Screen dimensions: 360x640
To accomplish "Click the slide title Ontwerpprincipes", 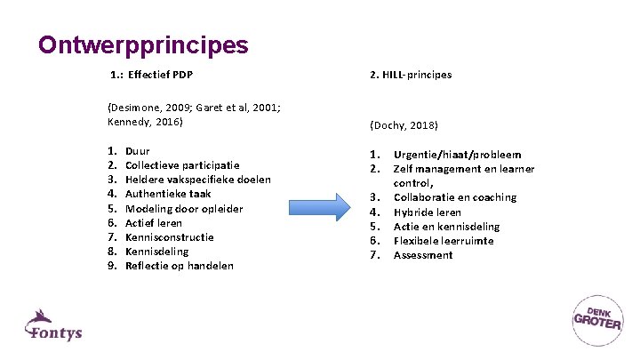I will [143, 44].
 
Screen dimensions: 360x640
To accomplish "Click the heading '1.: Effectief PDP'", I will [152, 75].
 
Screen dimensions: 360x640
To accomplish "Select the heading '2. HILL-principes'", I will [411, 75].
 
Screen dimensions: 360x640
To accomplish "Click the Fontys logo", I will [53, 326].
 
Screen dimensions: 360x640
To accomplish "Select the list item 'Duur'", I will [138, 152].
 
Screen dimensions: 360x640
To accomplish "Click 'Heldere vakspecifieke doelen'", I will [198, 180].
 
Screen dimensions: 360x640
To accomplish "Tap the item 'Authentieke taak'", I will [168, 194].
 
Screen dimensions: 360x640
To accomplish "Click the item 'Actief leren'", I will [154, 223].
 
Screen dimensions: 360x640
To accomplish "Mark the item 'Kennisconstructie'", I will [170, 237].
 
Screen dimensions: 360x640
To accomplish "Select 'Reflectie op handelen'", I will [180, 266].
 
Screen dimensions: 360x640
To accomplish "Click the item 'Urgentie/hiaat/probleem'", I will [457, 155].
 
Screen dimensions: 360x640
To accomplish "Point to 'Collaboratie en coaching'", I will [454, 197].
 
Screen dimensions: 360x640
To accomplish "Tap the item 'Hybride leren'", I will [428, 212].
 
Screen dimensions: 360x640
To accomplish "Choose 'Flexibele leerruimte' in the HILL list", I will [444, 241].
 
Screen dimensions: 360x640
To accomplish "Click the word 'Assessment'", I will [423, 255].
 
